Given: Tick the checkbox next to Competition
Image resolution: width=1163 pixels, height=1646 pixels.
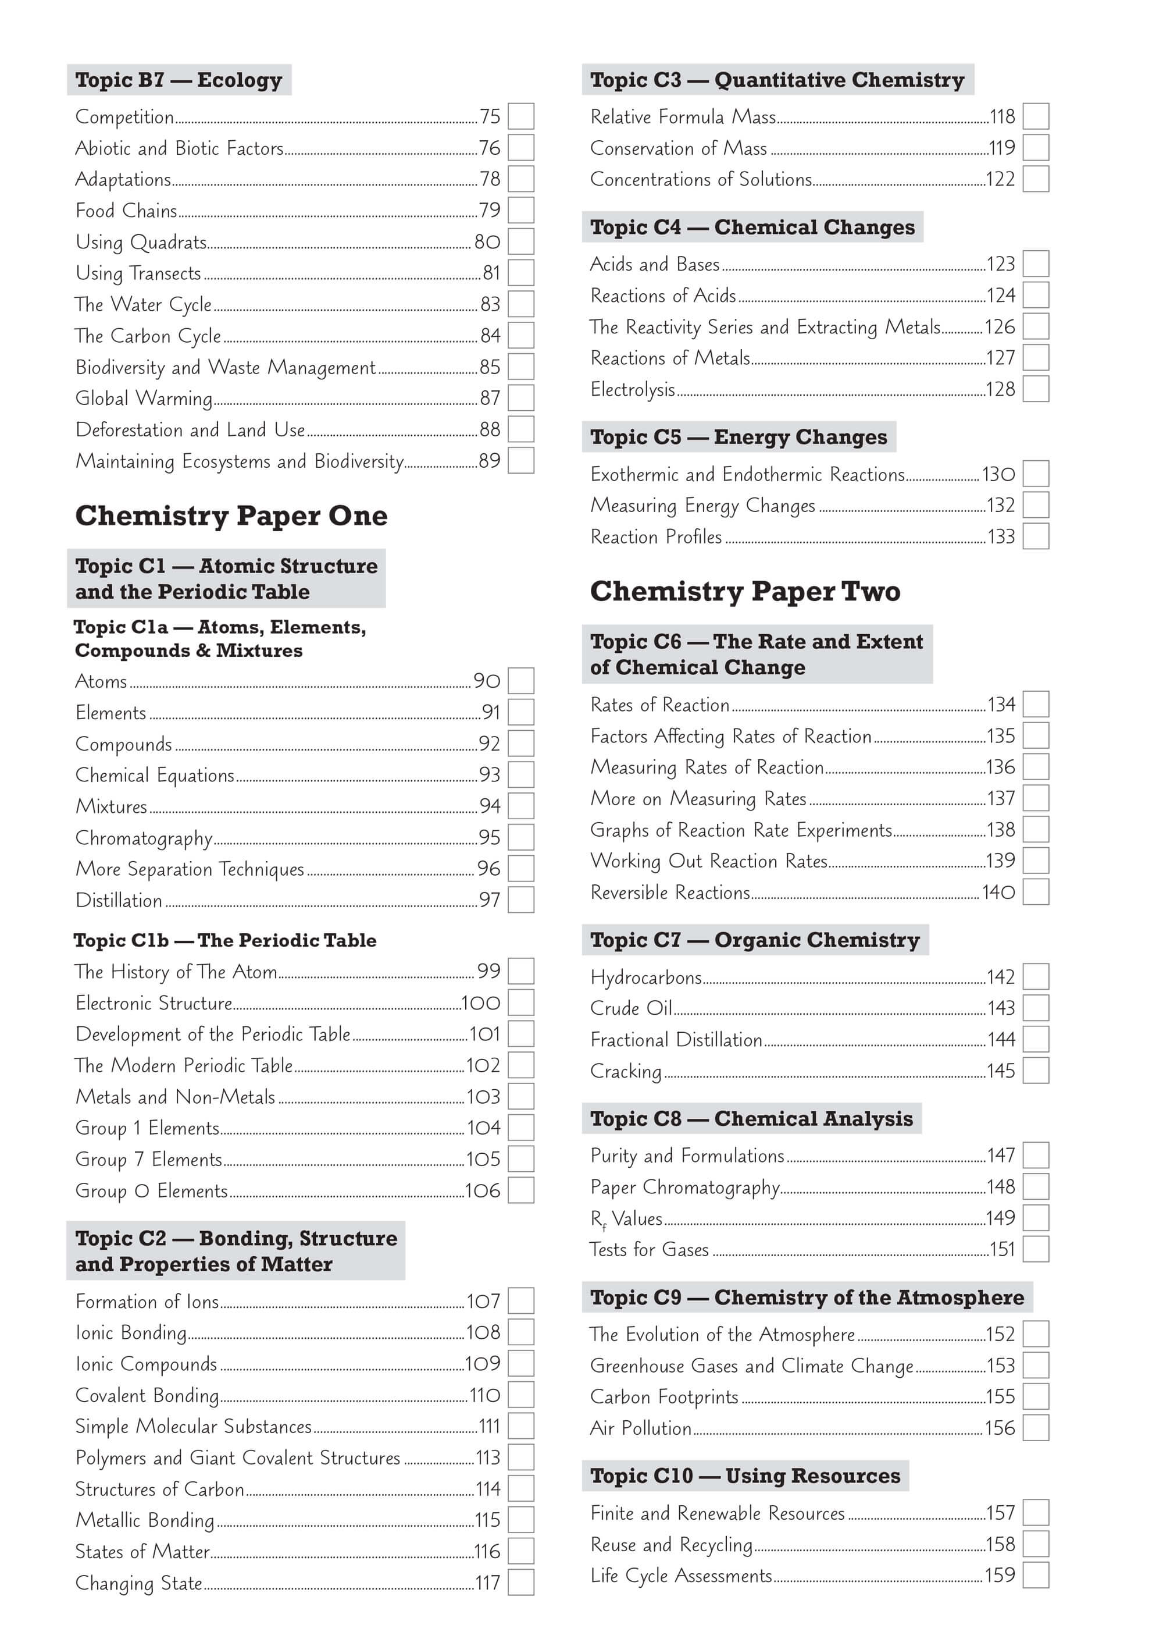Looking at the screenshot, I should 521,116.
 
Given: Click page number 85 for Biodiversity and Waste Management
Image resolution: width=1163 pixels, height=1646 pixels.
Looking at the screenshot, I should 490,367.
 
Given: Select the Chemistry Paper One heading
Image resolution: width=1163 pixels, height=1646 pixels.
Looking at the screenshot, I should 231,516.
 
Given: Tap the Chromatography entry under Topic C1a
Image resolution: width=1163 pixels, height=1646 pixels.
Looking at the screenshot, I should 144,838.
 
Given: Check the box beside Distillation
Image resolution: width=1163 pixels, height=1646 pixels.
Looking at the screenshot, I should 521,900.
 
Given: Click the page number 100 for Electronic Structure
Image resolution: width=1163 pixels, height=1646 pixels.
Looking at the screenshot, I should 481,1003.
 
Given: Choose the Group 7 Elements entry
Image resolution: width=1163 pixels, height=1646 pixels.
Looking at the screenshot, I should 149,1159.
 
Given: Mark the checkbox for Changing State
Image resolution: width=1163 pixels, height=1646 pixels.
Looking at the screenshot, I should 521,1583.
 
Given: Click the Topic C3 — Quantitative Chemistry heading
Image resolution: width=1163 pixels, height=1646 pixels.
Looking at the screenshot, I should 777,80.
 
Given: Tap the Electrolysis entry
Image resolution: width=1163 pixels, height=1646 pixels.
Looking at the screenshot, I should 633,389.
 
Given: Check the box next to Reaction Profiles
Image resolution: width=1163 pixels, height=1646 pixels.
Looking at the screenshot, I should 1036,536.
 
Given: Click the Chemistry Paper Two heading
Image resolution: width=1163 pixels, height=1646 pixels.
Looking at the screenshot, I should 745,592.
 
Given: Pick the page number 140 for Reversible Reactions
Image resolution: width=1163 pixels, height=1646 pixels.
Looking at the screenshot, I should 999,893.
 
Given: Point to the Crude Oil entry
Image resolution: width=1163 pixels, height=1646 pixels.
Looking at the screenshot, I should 632,1008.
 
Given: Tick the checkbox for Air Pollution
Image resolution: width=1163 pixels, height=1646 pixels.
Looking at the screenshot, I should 1036,1428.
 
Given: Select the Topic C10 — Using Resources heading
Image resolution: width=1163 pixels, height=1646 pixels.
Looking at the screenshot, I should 745,1476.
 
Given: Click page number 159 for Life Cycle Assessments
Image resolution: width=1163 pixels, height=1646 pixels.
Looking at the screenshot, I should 1000,1576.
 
